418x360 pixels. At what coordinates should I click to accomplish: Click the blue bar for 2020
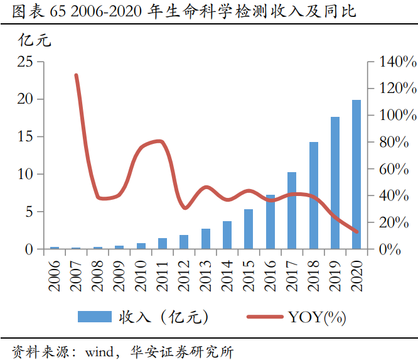pyautogui.click(x=356, y=175)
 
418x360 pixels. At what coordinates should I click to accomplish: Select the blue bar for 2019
pyautogui.click(x=335, y=183)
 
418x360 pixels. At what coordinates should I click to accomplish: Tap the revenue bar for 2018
pyautogui.click(x=314, y=196)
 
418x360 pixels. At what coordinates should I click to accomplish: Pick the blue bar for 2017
pyautogui.click(x=292, y=211)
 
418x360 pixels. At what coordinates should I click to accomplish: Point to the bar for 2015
pyautogui.click(x=249, y=229)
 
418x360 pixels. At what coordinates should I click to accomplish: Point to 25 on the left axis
pyautogui.click(x=25, y=62)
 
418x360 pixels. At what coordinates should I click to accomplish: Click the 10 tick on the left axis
pyautogui.click(x=25, y=174)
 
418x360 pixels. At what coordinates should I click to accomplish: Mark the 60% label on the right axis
pyautogui.click(x=395, y=169)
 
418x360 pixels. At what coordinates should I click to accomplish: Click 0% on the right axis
pyautogui.click(x=392, y=249)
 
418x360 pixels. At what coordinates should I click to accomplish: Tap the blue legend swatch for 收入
pyautogui.click(x=94, y=317)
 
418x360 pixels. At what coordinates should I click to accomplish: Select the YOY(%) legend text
pyautogui.click(x=317, y=317)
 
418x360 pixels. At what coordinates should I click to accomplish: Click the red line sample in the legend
pyautogui.click(x=264, y=317)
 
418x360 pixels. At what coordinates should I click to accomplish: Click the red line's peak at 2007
pyautogui.click(x=76, y=75)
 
